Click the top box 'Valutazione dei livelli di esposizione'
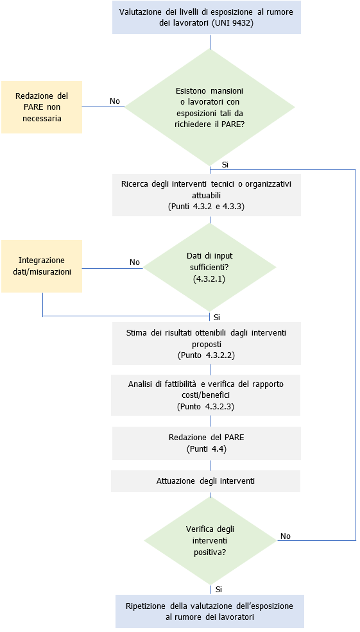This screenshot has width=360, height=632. coord(206,17)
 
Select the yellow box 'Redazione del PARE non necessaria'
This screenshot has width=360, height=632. coord(42,107)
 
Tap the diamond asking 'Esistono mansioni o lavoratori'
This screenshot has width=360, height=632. coord(210,107)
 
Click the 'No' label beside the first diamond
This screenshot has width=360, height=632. coord(115,101)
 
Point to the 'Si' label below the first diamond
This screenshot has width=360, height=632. coord(225,165)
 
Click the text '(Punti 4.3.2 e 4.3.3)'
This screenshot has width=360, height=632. coord(206,207)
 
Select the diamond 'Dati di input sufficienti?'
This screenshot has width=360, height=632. coord(210,268)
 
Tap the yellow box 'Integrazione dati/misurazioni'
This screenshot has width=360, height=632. coord(42,266)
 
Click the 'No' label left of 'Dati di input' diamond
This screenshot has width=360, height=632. coord(135,262)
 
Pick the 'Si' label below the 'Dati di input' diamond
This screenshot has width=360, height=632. coord(217,317)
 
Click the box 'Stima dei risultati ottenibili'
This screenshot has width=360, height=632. coord(206,343)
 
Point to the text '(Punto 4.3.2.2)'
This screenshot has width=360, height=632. coord(206,355)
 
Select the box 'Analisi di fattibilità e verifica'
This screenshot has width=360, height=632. coord(206,395)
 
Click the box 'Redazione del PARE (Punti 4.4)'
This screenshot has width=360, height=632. coord(206,443)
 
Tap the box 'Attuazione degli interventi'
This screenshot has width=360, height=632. coord(206,481)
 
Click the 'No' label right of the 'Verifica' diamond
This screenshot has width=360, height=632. coord(286,536)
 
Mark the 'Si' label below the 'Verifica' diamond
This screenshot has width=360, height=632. coord(219,588)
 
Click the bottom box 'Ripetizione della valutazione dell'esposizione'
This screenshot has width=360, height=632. coord(210,611)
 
